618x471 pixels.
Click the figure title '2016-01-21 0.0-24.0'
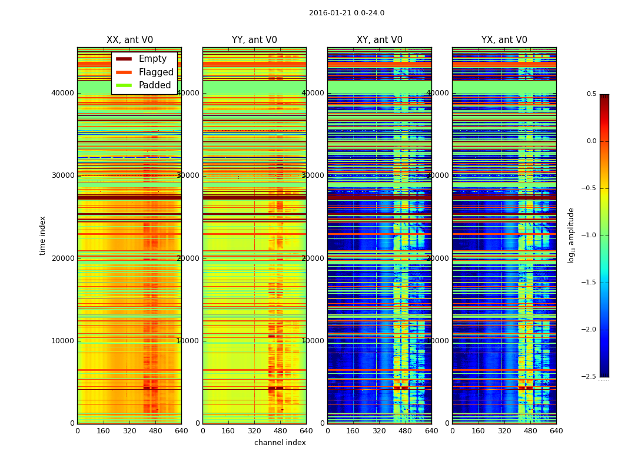point(347,13)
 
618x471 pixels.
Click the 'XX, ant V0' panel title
point(129,40)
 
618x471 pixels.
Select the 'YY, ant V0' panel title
point(254,40)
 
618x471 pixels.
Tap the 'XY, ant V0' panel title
point(380,40)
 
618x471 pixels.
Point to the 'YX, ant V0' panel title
point(504,40)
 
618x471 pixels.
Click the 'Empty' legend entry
point(152,59)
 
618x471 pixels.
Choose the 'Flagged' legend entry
point(156,72)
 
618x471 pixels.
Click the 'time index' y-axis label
point(42,235)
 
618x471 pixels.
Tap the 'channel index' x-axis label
point(280,443)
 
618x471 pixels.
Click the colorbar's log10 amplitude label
point(571,235)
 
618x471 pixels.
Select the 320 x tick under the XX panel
point(129,430)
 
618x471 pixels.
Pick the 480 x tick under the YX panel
point(530,430)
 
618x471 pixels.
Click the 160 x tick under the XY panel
point(353,430)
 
